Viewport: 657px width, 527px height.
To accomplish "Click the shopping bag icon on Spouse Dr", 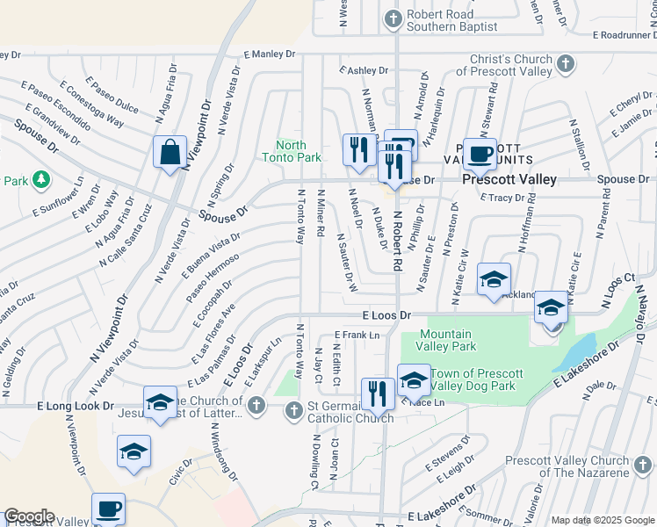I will [x=170, y=152].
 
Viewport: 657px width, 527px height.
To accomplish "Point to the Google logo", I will [x=29, y=516].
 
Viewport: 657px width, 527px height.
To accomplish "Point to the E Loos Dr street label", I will [x=386, y=314].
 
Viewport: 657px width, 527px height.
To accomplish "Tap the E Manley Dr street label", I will [x=270, y=54].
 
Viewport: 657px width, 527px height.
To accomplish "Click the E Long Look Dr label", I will [x=76, y=407].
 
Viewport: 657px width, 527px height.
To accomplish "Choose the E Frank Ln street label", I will [x=357, y=335].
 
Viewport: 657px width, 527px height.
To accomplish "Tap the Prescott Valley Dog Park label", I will [x=474, y=379].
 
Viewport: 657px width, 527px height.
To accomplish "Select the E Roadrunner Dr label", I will [x=624, y=35].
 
